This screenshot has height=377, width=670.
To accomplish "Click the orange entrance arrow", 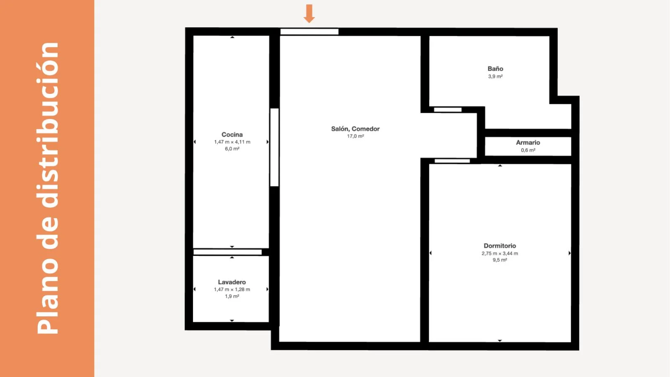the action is pos(309,13).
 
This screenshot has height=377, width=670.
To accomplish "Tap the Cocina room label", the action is pos(232,134).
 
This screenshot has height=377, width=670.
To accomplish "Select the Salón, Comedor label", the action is pos(356,129).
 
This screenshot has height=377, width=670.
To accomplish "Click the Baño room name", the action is pos(495,69).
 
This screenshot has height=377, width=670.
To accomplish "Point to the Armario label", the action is pos(528,143).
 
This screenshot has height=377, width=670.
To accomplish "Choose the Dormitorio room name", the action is pos(500,246).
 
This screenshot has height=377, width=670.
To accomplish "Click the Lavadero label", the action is pos(232,282).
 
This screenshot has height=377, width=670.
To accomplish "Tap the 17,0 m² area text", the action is pos(356,137).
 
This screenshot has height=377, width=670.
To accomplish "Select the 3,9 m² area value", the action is pos(495,77).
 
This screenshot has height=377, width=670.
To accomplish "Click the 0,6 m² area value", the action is pos(528,150).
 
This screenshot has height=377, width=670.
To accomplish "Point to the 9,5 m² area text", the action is pos(500,260).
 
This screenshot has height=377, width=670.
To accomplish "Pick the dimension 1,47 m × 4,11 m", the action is pos(232,142).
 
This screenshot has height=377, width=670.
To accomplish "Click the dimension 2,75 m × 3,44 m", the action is pos(500,253).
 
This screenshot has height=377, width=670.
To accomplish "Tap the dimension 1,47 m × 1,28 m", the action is pos(232,289).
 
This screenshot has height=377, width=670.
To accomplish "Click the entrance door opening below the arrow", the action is pos(309,32).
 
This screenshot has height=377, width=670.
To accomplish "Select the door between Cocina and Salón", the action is pos(274,147).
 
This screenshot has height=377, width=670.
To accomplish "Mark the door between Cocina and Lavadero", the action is pos(227,252).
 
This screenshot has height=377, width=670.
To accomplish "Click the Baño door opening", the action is pos(448,110).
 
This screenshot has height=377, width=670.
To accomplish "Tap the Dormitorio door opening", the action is pos(452,161).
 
